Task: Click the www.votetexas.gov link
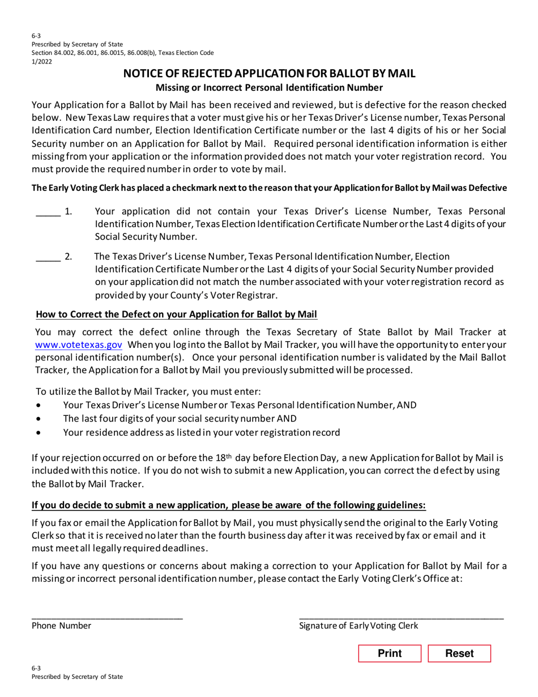pos(79,345)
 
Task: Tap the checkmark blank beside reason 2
pos(48,260)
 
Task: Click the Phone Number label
pos(61,626)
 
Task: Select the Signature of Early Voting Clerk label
pos(358,626)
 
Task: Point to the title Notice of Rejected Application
pos(270,74)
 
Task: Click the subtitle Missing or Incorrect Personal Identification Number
pos(270,87)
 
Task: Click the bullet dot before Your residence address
pos(38,433)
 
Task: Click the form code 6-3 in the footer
pos(36,669)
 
